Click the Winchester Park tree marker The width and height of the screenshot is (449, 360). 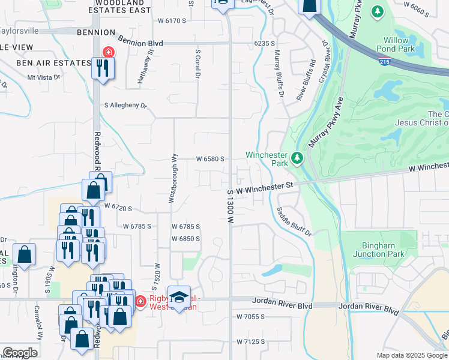click(297, 158)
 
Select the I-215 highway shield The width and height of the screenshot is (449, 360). click(384, 61)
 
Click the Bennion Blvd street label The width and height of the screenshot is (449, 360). click(141, 43)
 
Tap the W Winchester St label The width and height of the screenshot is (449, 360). click(264, 188)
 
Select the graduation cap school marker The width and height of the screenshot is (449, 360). click(179, 296)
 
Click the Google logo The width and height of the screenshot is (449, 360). click(20, 352)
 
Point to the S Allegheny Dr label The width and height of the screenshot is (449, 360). click(125, 106)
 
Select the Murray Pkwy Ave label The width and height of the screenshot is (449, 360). click(325, 123)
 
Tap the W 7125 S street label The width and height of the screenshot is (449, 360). click(251, 342)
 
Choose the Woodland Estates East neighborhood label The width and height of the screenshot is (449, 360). click(119, 7)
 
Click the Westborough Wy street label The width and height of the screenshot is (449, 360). click(172, 178)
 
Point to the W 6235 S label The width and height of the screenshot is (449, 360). click(264, 44)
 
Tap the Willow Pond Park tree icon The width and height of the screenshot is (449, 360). click(378, 11)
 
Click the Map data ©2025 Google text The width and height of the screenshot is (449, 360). click(412, 355)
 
